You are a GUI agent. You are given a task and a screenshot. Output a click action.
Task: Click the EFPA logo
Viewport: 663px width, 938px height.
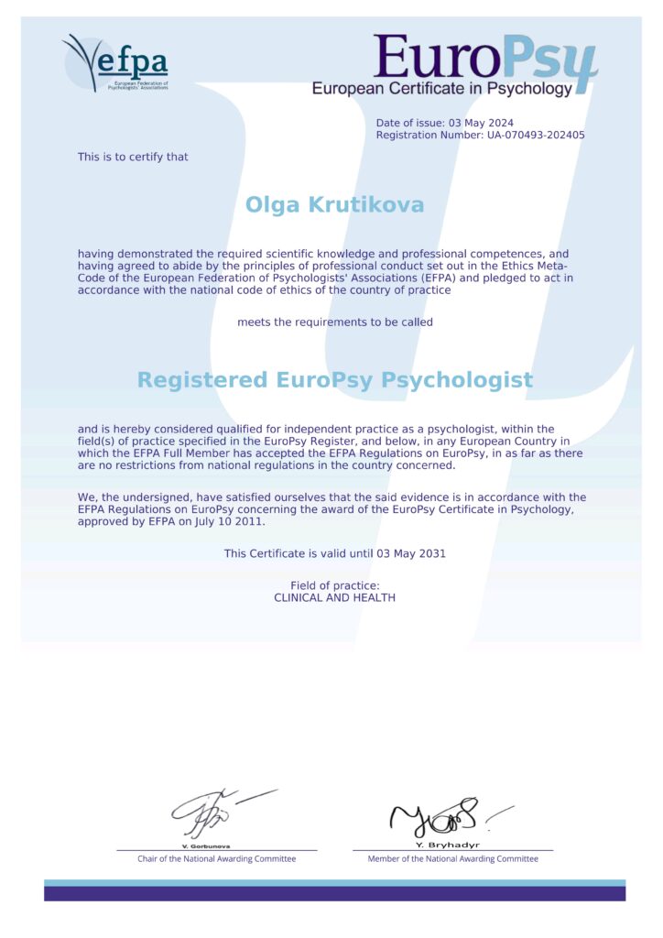115,62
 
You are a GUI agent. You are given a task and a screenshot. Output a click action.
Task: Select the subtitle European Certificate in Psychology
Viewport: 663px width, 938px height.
441,89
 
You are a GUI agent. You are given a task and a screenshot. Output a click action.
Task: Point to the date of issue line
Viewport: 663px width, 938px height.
444,123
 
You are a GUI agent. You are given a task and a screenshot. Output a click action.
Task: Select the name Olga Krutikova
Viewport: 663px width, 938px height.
334,204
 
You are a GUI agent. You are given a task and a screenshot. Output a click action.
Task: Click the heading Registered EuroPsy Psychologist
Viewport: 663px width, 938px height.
334,379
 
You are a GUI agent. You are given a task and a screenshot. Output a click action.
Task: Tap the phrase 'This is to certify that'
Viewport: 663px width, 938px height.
133,157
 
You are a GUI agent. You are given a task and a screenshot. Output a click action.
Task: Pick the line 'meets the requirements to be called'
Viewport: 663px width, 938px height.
334,322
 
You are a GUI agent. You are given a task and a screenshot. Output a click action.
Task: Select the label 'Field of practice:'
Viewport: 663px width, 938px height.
334,585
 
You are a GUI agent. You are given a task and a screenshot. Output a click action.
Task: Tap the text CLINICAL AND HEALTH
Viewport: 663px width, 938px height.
334,597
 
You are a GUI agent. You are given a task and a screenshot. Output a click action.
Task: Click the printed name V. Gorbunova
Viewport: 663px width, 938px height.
205,845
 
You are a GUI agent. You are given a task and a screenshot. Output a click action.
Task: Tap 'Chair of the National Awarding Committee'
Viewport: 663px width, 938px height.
216,859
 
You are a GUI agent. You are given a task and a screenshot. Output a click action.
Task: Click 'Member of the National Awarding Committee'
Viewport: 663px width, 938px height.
452,859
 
